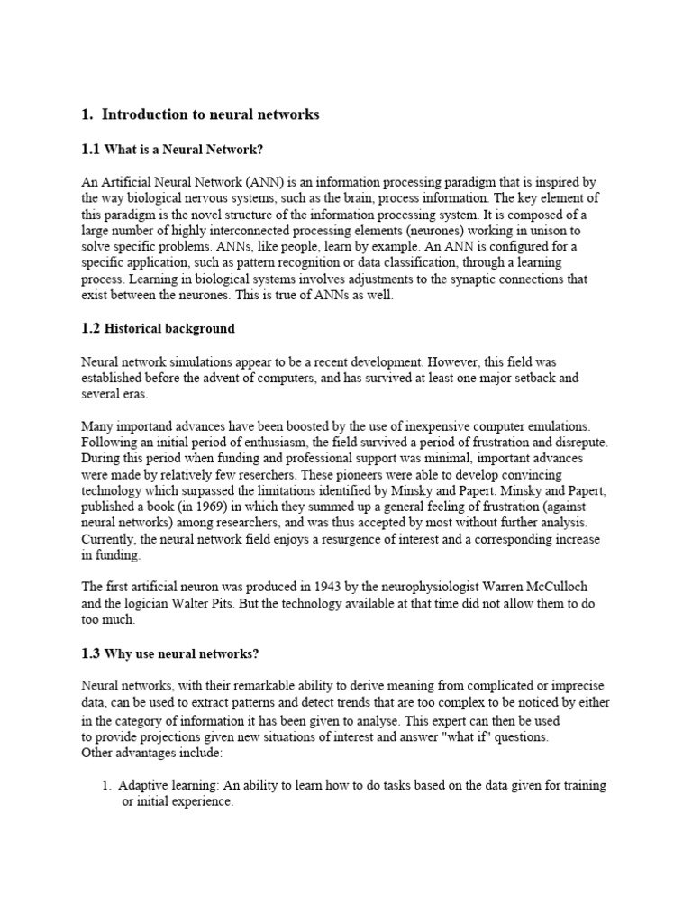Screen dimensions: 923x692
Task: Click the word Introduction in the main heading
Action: point(143,114)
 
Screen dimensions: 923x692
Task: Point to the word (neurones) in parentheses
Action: point(423,230)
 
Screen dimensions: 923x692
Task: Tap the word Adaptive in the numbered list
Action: point(145,785)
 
